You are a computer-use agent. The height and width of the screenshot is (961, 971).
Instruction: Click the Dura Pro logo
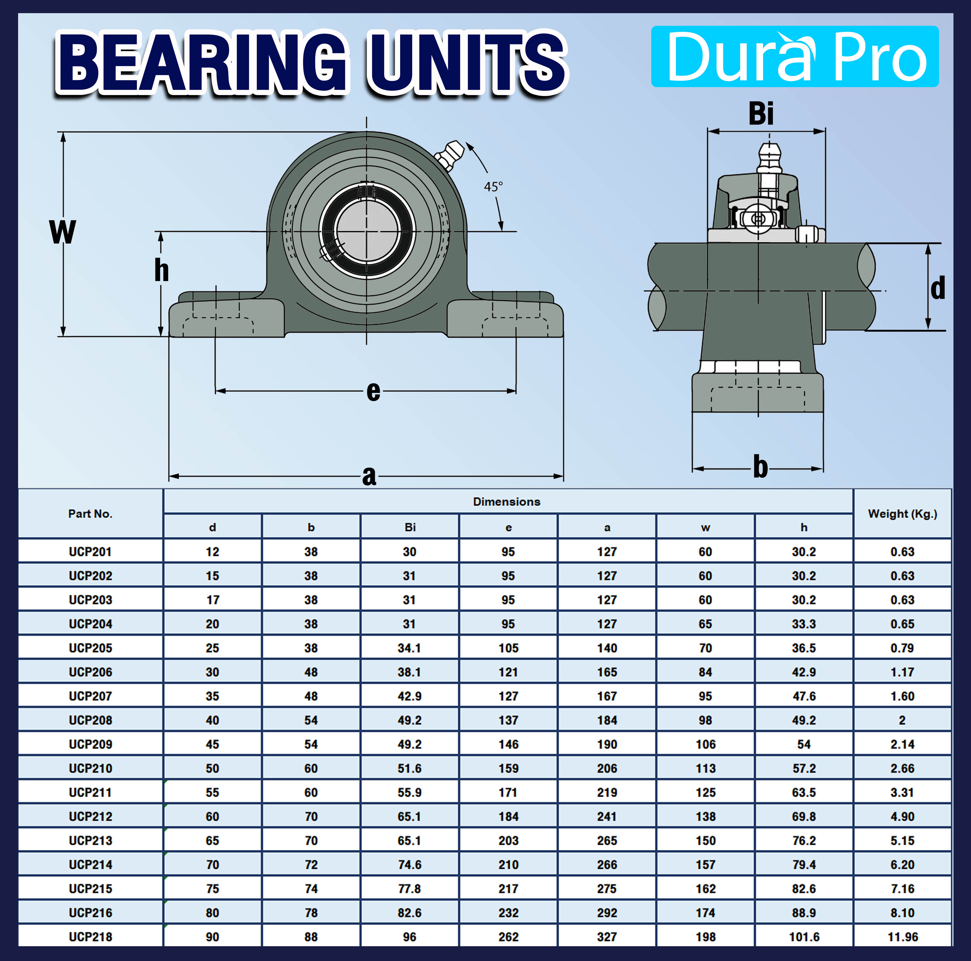point(795,56)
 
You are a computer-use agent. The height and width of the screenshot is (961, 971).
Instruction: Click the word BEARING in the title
point(201,63)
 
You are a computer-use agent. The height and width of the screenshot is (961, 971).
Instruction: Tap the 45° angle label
point(493,187)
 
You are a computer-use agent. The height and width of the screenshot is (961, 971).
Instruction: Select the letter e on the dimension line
point(373,391)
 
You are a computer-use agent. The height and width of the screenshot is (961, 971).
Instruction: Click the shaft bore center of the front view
point(366,231)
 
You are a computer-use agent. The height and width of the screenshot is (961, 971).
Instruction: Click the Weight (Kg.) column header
point(902,514)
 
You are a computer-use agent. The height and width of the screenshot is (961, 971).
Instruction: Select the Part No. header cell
point(90,514)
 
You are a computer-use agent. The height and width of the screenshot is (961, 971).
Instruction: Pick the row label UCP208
point(90,720)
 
